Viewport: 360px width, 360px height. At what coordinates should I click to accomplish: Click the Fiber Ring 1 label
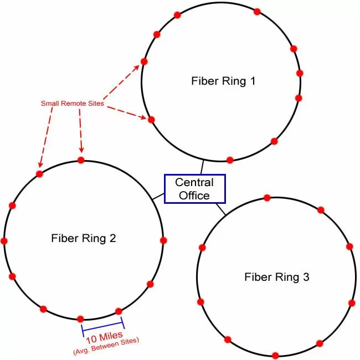tap(223, 81)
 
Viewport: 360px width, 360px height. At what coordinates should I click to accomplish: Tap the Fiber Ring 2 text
tap(84, 239)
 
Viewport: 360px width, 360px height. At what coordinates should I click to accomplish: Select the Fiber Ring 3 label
tap(277, 276)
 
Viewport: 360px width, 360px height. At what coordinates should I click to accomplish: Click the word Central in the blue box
tap(194, 182)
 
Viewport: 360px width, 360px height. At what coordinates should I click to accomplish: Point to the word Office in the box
tap(194, 195)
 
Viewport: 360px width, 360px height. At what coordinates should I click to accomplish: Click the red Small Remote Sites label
tap(73, 104)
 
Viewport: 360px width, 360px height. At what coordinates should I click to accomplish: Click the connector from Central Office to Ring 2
tap(158, 196)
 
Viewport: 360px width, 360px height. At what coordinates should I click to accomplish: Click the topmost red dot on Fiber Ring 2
tap(81, 160)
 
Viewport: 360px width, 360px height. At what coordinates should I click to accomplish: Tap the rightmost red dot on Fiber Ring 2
tap(163, 240)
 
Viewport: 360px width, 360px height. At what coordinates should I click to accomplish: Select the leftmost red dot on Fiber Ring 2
tap(4, 241)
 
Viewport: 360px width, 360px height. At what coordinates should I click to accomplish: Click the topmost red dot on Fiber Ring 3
tap(267, 198)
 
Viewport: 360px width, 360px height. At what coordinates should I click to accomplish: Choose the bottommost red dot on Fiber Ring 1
tap(230, 159)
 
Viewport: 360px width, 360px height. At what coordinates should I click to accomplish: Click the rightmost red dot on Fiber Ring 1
tap(300, 73)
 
